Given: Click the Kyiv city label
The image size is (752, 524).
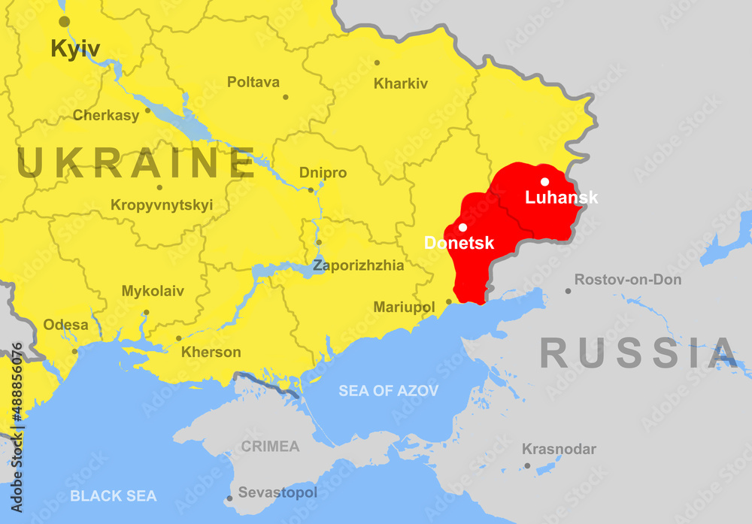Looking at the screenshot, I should [x=74, y=50].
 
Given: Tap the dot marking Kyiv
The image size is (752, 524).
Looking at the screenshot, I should [x=65, y=22].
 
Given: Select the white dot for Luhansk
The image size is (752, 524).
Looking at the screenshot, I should [x=544, y=181].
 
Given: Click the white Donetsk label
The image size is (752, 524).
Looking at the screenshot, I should [x=459, y=243].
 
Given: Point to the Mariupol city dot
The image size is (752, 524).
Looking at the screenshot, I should [x=449, y=302].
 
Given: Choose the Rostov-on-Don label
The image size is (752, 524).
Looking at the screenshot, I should [x=628, y=280].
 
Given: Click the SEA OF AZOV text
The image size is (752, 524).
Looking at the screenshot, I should [x=388, y=391].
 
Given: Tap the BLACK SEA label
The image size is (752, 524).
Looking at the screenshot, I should [x=113, y=495].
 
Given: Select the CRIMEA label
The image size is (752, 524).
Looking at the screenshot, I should [x=270, y=447].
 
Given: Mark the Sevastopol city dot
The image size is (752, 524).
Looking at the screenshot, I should [x=229, y=498].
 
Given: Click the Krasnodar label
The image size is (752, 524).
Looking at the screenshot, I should [x=559, y=449].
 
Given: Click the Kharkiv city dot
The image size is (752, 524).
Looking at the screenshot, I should [x=377, y=62].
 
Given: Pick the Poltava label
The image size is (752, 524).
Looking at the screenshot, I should [x=253, y=82].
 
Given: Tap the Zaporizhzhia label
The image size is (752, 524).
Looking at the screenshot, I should [x=358, y=265].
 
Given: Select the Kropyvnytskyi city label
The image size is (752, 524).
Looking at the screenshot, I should [x=162, y=204].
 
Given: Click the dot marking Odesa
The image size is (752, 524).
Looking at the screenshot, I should [x=74, y=350].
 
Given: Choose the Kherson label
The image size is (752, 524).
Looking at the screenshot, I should [x=211, y=352].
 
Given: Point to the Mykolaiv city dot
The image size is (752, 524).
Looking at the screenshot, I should [x=146, y=312].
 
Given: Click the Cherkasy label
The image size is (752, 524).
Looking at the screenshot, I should [x=106, y=115].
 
